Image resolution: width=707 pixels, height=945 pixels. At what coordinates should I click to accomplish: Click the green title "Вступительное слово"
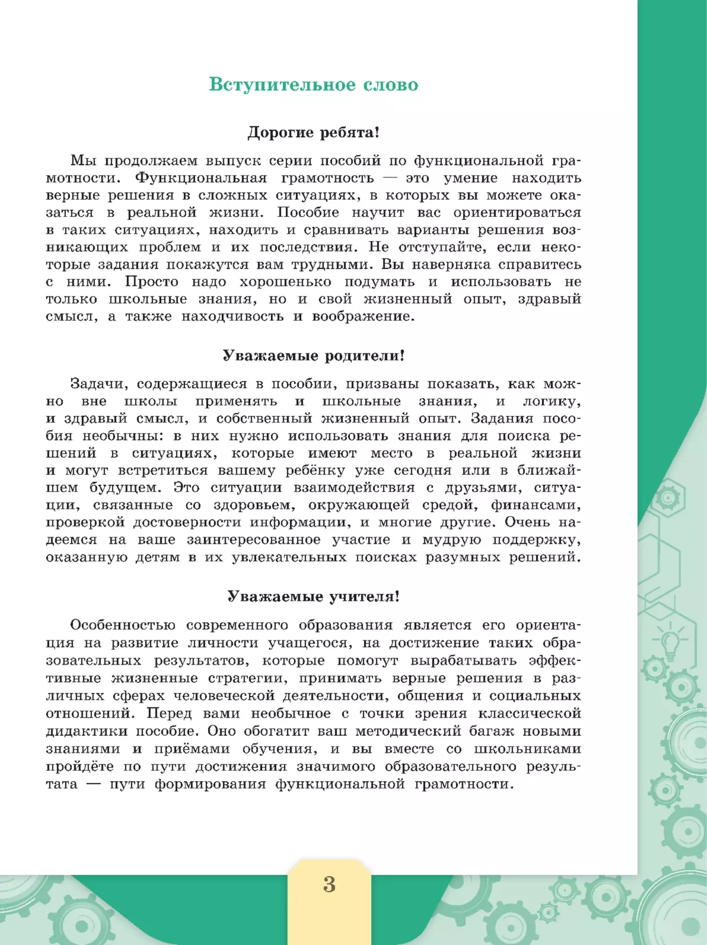point(313,85)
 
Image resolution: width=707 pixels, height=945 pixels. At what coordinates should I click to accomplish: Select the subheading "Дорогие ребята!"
point(313,133)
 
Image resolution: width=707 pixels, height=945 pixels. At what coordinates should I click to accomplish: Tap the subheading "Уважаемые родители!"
point(313,356)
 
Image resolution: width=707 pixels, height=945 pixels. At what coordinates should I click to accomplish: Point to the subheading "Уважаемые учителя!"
point(313,597)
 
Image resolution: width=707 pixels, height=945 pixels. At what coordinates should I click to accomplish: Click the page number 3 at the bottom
point(329,885)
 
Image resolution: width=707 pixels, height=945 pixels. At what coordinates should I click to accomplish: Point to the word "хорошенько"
point(285,282)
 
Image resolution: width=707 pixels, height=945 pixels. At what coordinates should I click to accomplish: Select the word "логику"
point(551,402)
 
